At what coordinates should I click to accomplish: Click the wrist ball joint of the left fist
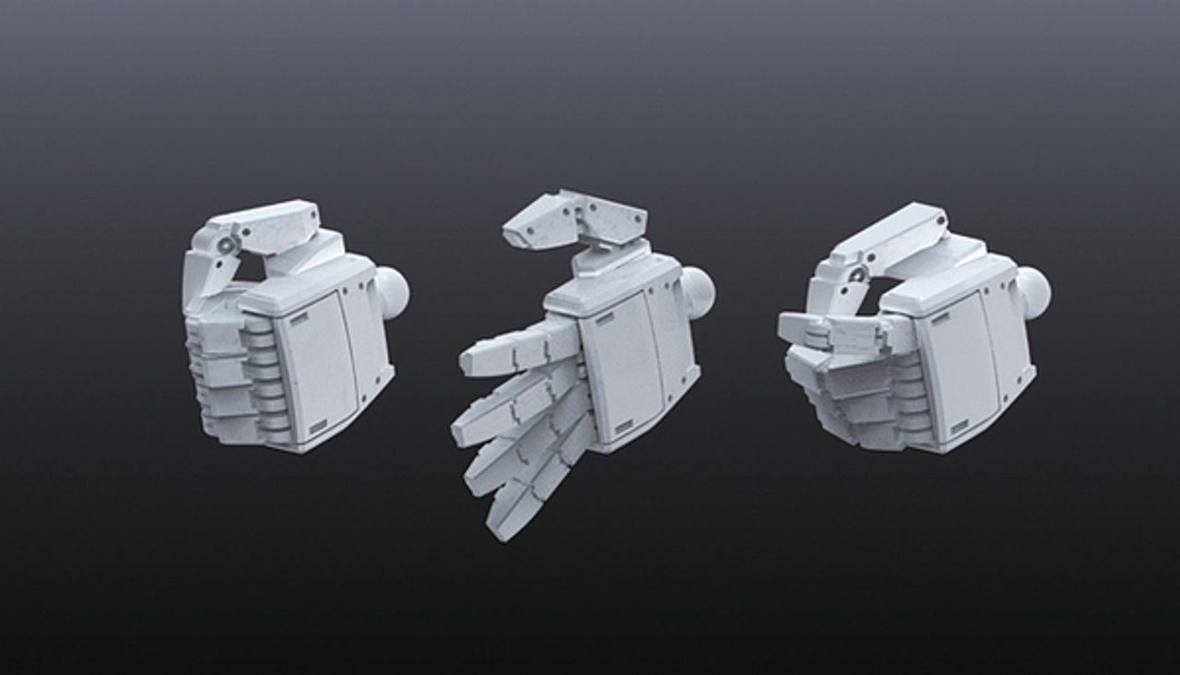pos(393,293)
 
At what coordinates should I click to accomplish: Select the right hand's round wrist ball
pos(1032,292)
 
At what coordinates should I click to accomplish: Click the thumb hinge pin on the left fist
pos(225,243)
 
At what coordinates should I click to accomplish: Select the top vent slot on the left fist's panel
pos(301,320)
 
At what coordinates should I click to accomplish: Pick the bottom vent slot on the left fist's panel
pos(318,427)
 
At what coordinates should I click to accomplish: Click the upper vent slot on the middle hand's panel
pos(604,319)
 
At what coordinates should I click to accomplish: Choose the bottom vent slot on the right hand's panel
pos(960,427)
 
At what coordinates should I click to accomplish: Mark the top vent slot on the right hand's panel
pos(940,319)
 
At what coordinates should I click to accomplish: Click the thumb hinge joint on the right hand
pos(857,274)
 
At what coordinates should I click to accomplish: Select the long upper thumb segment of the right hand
pos(890,235)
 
